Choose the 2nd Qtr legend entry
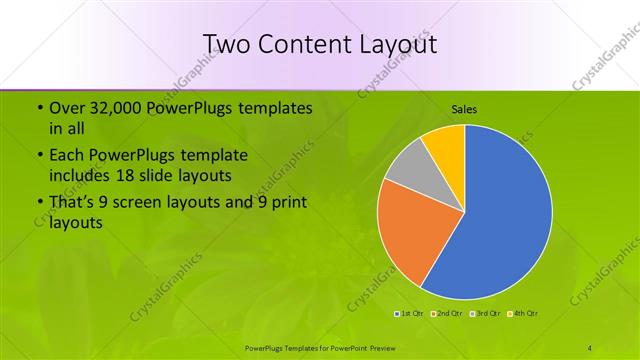[446, 314]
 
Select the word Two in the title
[227, 44]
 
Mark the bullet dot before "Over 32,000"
[39, 108]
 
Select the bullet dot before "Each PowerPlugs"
[39, 156]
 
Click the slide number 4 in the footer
[590, 347]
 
